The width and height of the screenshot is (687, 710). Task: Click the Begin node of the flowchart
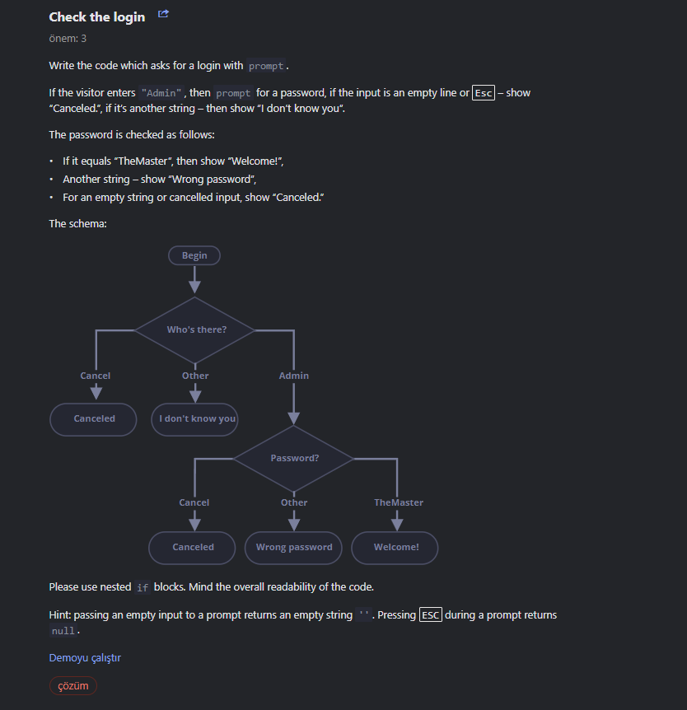pos(194,255)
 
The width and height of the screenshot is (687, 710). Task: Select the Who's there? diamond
pos(195,329)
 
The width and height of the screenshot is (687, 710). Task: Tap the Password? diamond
pos(294,458)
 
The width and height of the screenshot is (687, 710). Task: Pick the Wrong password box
pos(293,547)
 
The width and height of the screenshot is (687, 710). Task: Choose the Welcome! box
pos(395,547)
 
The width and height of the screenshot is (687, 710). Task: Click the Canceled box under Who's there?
pos(94,418)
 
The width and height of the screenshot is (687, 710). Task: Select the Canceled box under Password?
pos(193,547)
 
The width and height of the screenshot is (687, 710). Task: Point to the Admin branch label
pos(294,376)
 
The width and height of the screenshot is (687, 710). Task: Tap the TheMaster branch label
pos(399,502)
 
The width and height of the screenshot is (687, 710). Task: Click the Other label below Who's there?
pos(195,376)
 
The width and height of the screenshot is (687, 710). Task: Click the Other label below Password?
pos(294,502)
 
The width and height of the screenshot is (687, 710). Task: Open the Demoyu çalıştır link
pos(85,657)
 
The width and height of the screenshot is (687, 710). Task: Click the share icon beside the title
pos(163,14)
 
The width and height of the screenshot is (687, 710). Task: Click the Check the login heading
pos(96,17)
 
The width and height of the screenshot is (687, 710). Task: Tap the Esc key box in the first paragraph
pos(484,93)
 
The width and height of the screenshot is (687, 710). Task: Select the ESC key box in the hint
pos(431,615)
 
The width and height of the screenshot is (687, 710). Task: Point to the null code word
pos(63,631)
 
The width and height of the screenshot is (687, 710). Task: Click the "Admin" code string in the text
pos(161,93)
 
